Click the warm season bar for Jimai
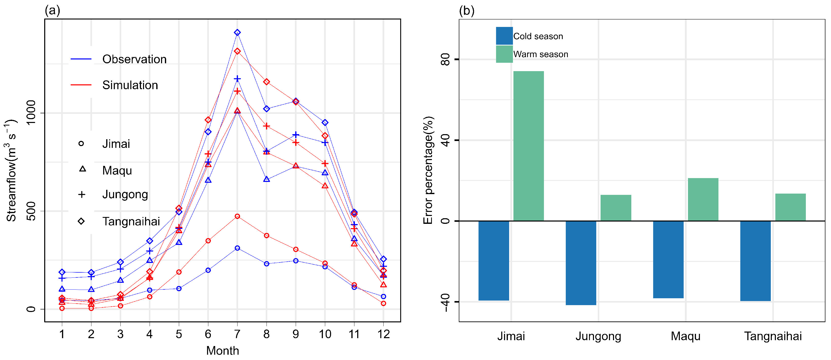point(528,146)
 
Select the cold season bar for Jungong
point(581,263)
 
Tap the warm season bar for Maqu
point(703,199)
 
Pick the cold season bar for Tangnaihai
point(755,261)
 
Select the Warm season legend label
point(540,54)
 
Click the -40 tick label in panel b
point(445,302)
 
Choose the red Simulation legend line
point(81,85)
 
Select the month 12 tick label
point(383,334)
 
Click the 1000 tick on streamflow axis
point(31,113)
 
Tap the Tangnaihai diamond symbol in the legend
point(81,221)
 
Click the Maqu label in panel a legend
point(117,170)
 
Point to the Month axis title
point(222,351)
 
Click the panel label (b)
point(466,11)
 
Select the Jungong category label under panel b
point(598,336)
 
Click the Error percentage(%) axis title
point(428,170)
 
